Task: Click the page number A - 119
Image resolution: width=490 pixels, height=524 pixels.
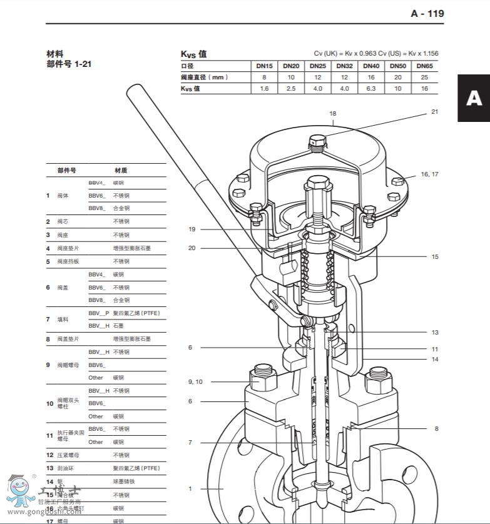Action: pyautogui.click(x=427, y=13)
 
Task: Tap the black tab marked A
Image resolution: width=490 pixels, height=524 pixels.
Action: pyautogui.click(x=474, y=98)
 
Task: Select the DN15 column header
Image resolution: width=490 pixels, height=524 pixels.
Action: pyautogui.click(x=264, y=66)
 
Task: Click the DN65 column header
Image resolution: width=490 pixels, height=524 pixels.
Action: pyautogui.click(x=424, y=66)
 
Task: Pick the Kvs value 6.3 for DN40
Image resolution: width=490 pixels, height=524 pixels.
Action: pyautogui.click(x=371, y=89)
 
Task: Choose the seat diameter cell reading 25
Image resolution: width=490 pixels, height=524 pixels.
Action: pyautogui.click(x=424, y=78)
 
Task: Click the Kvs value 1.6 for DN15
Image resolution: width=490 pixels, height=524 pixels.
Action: pyautogui.click(x=264, y=89)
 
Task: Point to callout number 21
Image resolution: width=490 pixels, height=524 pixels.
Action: pyautogui.click(x=434, y=112)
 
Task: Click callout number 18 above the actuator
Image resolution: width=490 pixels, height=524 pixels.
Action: pyautogui.click(x=333, y=114)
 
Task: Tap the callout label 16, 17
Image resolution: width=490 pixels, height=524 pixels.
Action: pyautogui.click(x=429, y=174)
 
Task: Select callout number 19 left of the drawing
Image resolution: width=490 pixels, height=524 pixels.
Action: pyautogui.click(x=192, y=229)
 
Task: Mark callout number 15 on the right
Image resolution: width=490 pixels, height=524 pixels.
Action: pyautogui.click(x=434, y=256)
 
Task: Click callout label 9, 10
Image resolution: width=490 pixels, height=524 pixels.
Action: pyautogui.click(x=195, y=381)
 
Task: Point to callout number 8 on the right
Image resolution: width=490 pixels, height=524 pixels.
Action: pyautogui.click(x=436, y=428)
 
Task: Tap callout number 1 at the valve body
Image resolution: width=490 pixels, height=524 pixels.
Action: pyautogui.click(x=190, y=488)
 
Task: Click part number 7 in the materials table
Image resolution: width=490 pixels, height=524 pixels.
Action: pyautogui.click(x=48, y=320)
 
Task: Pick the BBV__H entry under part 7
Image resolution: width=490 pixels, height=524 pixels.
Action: pyautogui.click(x=99, y=326)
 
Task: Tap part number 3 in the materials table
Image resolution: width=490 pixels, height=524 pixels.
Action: pyautogui.click(x=48, y=234)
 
